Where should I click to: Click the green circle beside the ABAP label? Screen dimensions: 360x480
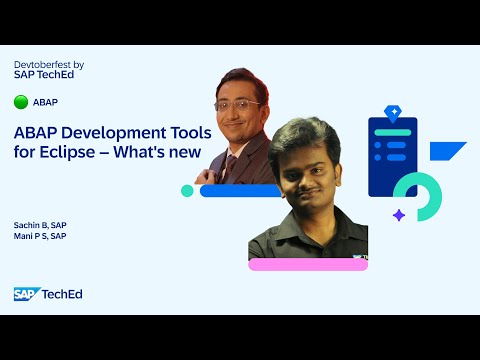click(x=21, y=102)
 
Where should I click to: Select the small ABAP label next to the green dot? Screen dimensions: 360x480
click(x=45, y=102)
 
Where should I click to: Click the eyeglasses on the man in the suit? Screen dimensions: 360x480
click(x=238, y=104)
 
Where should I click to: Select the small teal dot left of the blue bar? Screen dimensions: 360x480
click(x=187, y=190)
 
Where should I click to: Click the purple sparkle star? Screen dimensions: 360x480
click(x=398, y=214)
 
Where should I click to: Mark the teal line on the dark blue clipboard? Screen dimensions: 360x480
click(x=393, y=132)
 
